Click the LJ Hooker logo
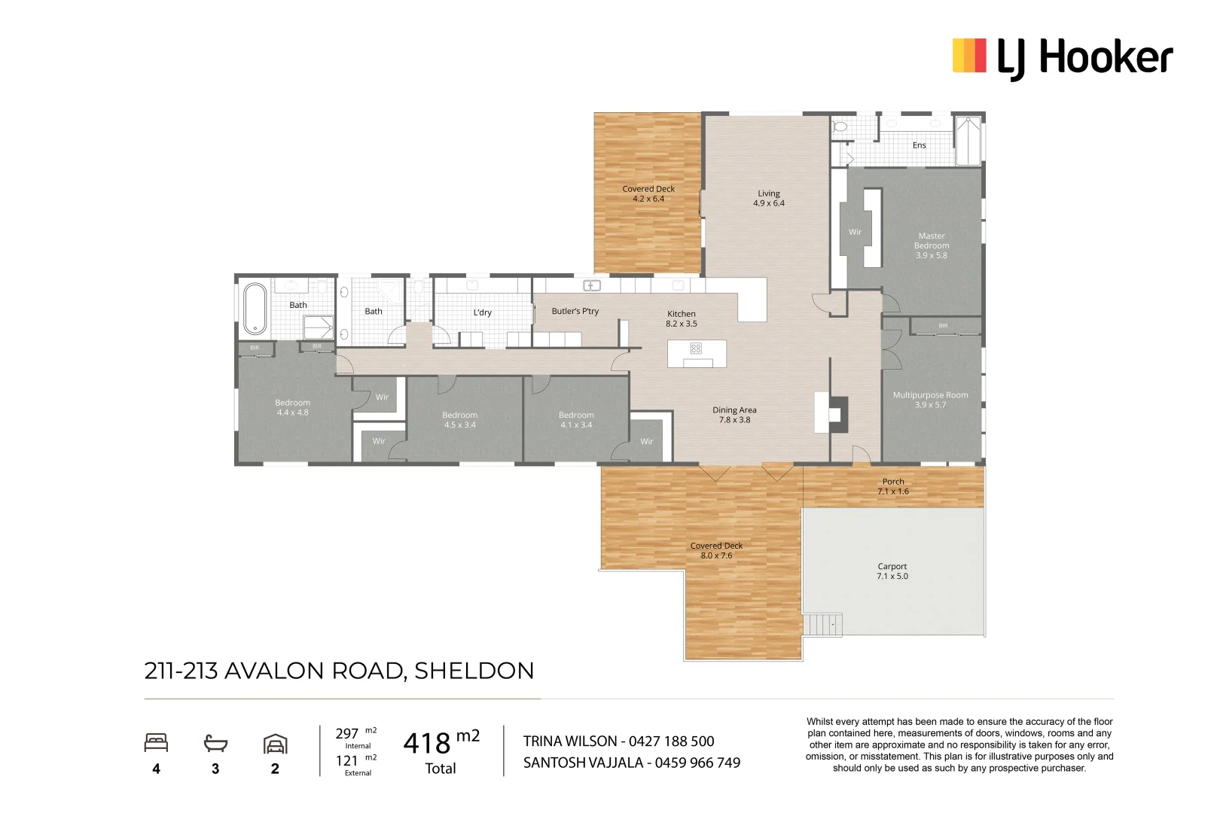[x=1062, y=57]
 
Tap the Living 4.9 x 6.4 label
[x=768, y=198]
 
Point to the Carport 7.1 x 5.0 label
[x=892, y=571]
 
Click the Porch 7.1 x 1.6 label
[x=892, y=486]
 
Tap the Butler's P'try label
[x=575, y=311]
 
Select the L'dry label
[x=482, y=312]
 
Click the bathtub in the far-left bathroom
[x=255, y=308]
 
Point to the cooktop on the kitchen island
[x=696, y=348]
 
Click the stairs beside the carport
[x=822, y=625]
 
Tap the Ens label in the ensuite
[x=919, y=145]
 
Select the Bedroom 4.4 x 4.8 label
[x=292, y=407]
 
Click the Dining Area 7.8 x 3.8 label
[x=734, y=415]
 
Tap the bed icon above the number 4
[x=156, y=743]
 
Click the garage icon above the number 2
[x=275, y=744]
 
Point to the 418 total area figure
[x=426, y=744]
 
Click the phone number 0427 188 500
[x=671, y=741]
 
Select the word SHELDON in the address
[x=474, y=671]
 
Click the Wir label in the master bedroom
[x=855, y=232]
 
